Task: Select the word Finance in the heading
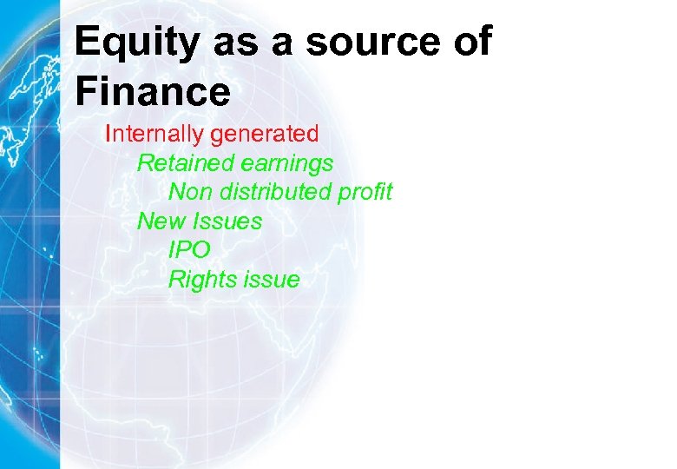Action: [x=153, y=90]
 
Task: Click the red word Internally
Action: [x=153, y=134]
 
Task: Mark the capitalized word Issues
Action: [x=227, y=221]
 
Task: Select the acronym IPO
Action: [x=189, y=250]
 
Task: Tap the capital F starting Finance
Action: [x=88, y=90]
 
